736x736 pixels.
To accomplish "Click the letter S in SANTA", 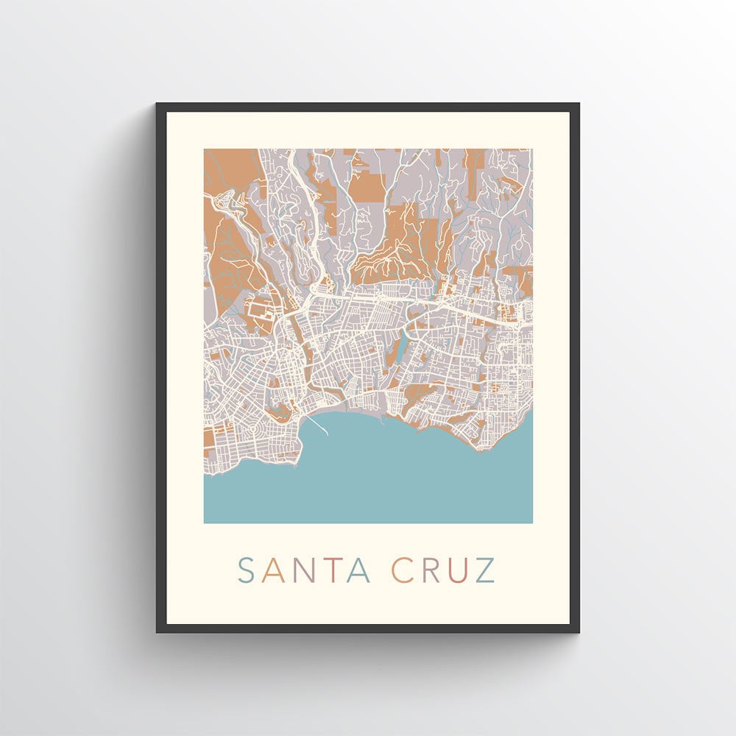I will (246, 570).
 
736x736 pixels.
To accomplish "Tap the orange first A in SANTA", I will (272, 570).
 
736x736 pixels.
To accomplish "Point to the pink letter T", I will (329, 570).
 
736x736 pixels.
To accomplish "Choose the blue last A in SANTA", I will (358, 570).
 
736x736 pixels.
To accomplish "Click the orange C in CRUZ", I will (402, 570).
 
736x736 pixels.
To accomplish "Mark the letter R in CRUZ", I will (430, 570).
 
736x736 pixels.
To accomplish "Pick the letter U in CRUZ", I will (457, 570).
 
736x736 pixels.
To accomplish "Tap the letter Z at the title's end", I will (485, 570).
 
